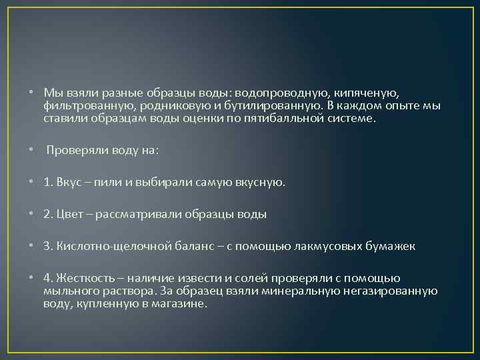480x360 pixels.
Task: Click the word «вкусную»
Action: point(261,181)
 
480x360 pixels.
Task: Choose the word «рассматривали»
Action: point(138,214)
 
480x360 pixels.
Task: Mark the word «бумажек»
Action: point(390,246)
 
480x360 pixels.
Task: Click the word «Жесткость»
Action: point(84,278)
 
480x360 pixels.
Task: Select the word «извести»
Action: point(209,278)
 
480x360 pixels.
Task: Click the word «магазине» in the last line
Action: point(183,303)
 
